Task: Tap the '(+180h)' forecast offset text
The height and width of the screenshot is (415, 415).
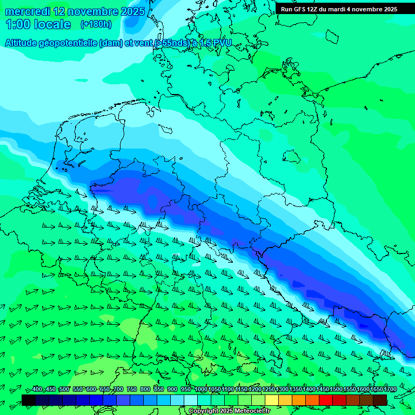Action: (x=96, y=24)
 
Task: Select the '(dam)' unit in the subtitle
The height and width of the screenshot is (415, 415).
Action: (x=111, y=43)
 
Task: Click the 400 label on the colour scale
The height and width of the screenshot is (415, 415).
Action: (x=37, y=390)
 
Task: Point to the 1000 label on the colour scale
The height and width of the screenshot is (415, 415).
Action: (x=201, y=390)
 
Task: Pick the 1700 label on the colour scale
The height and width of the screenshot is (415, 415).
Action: (x=390, y=390)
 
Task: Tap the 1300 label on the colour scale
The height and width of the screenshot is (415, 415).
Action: (x=282, y=390)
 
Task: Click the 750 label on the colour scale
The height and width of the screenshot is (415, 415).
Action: (x=132, y=390)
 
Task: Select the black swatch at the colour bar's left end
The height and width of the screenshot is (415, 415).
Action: (x=29, y=399)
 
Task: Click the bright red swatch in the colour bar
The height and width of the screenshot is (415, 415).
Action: (x=326, y=399)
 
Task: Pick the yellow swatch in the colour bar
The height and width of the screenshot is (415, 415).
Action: (x=272, y=399)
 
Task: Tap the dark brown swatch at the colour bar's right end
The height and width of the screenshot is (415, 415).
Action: (x=380, y=399)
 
